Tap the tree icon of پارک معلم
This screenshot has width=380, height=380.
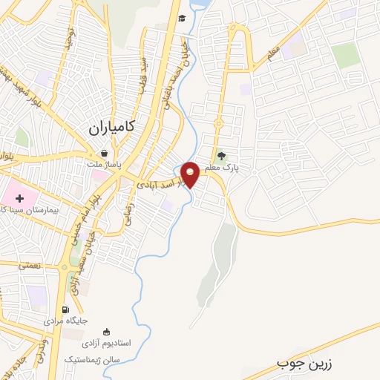[220, 155]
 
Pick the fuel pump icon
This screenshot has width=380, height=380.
[66, 310]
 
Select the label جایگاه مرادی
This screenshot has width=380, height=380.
[65, 321]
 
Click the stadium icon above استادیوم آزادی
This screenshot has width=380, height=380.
[106, 332]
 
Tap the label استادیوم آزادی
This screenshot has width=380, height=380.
[105, 343]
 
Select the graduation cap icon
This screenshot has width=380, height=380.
[182, 19]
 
